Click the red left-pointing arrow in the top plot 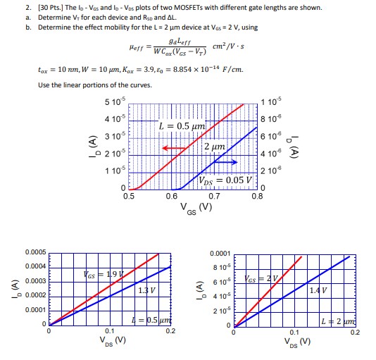tap(171, 148)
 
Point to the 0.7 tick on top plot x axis tap(215, 197)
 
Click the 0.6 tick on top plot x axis tap(172, 197)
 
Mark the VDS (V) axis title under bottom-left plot tap(109, 341)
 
